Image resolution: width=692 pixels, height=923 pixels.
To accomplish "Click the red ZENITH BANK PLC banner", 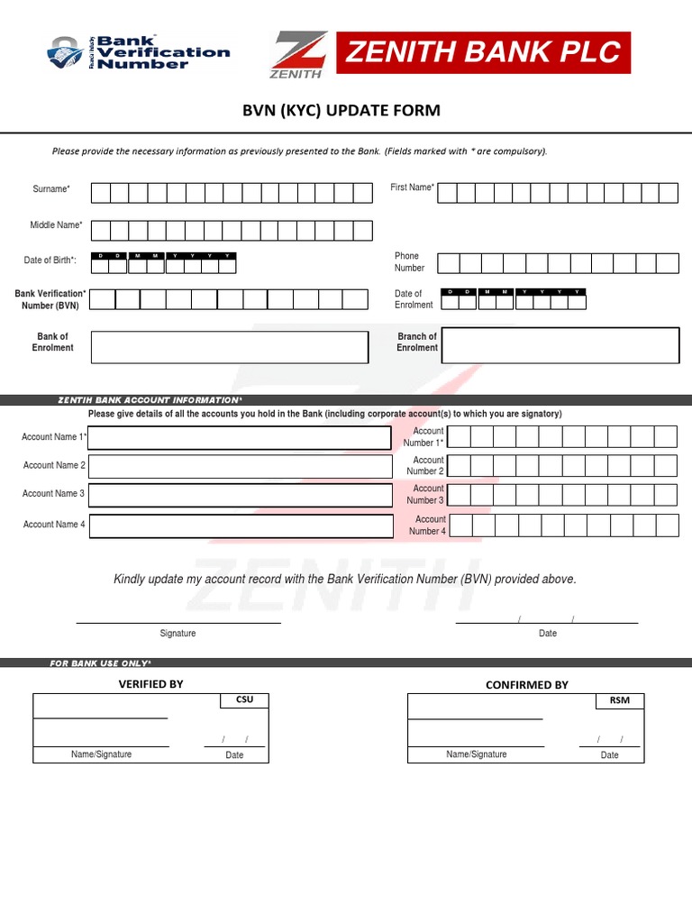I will point(483,52).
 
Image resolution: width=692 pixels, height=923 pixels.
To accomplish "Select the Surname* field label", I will point(51,189).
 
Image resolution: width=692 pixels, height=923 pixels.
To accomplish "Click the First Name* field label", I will point(412,187).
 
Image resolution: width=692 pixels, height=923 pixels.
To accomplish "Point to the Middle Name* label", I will point(57,224).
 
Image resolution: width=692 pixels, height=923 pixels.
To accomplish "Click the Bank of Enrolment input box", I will point(230,347).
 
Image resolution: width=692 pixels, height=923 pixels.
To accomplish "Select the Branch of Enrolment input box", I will point(560,345).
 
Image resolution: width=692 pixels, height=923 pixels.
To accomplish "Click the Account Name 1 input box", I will point(240,438).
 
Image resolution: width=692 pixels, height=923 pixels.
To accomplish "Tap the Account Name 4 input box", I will point(240,525).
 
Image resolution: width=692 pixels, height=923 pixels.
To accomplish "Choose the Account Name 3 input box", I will point(240,495).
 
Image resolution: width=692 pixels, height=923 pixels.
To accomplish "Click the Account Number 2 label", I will point(425,466).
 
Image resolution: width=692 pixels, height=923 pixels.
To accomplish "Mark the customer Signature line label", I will point(178,634).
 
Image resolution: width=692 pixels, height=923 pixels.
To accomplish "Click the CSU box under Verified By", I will point(244,700).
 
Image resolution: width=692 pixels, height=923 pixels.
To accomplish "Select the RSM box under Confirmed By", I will point(620,700).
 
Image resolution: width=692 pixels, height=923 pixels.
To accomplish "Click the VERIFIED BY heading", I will point(150,684).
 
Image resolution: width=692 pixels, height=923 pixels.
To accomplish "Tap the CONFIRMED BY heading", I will point(527,685).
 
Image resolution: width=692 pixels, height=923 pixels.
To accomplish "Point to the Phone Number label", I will point(408,262).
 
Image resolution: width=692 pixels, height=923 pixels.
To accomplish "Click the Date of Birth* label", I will point(50,260).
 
